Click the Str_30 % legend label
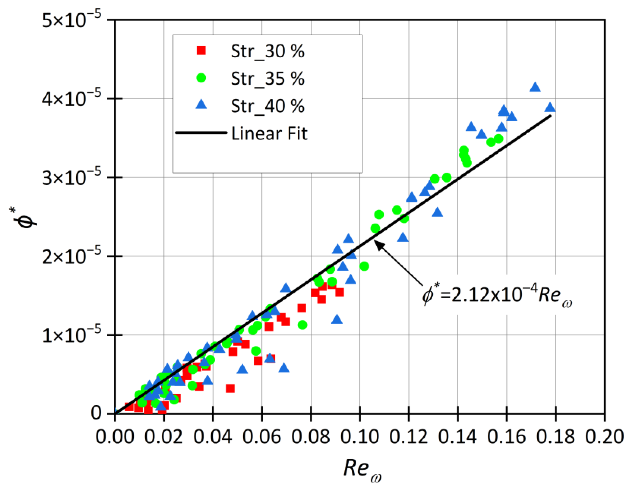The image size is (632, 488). tap(267, 52)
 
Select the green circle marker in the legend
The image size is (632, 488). tap(201, 78)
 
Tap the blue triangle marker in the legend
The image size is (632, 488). tap(201, 104)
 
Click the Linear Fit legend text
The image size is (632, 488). tap(269, 134)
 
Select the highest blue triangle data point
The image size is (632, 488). tap(535, 87)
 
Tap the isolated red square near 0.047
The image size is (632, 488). tap(230, 388)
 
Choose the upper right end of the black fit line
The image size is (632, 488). tap(550, 116)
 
